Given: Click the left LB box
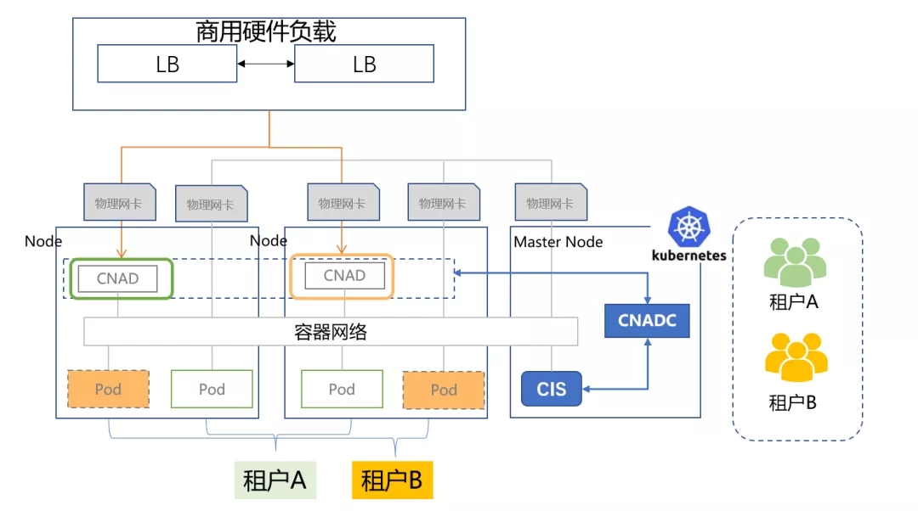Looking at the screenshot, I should tap(167, 64).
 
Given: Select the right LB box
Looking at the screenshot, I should tap(364, 64).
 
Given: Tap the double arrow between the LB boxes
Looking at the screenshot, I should tap(265, 64).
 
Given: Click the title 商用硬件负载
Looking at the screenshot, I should tap(266, 32).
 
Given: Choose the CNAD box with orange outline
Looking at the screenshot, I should tap(343, 276).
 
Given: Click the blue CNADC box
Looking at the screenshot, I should tap(647, 321).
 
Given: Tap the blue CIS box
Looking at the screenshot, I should tap(551, 390).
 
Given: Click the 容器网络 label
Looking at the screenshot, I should tap(331, 332).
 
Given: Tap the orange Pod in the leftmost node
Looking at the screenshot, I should tap(108, 389).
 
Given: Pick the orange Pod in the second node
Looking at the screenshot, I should tap(444, 390).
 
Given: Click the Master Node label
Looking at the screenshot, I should tap(558, 242).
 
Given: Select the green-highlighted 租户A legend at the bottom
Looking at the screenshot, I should tap(275, 481).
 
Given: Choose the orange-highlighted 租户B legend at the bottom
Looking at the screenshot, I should tap(392, 481).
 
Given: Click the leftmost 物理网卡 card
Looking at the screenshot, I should tap(119, 203).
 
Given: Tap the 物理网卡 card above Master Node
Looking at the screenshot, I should tap(550, 203).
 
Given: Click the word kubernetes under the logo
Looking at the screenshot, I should tap(688, 255).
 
